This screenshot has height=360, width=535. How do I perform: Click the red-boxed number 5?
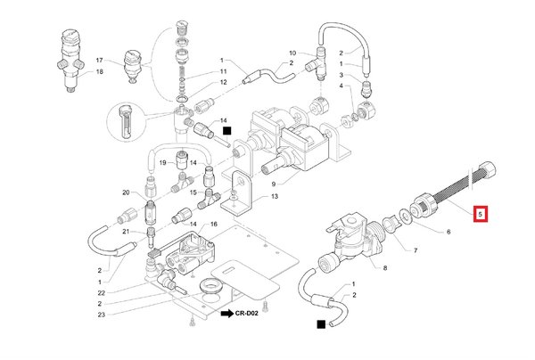pyautogui.click(x=481, y=214)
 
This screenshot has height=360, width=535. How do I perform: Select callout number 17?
pyautogui.click(x=99, y=59)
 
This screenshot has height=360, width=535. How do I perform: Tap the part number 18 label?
pyautogui.click(x=99, y=70)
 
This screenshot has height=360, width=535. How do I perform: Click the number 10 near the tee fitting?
pyautogui.click(x=291, y=53)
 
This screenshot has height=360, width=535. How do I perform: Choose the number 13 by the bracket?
pyautogui.click(x=276, y=195)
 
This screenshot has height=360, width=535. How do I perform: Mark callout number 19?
pyautogui.click(x=164, y=163)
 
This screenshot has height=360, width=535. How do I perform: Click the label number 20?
pyautogui.click(x=126, y=192)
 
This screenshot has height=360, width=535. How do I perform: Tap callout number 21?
pyautogui.click(x=126, y=231)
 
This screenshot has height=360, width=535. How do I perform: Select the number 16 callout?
pyautogui.click(x=214, y=224)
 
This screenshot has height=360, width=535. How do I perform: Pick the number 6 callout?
pyautogui.click(x=449, y=232)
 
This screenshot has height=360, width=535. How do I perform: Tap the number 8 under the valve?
pyautogui.click(x=385, y=267)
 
